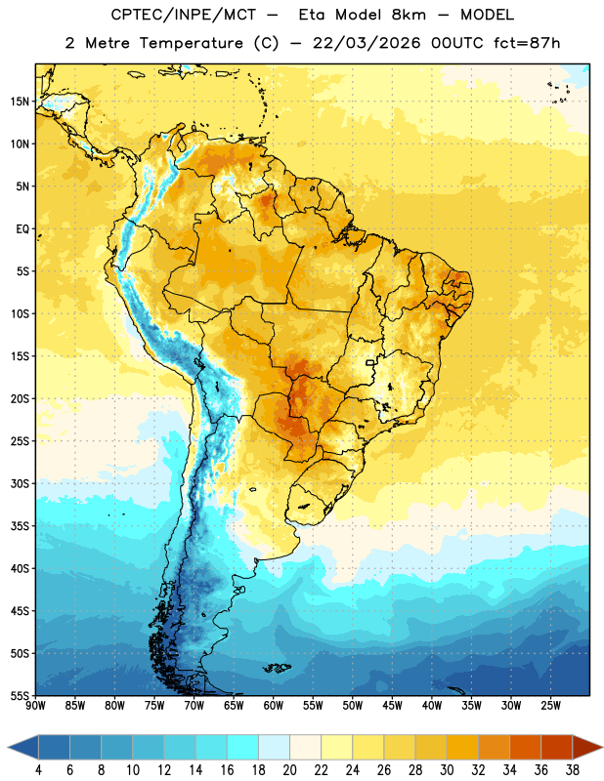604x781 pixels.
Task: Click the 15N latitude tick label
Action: (20, 102)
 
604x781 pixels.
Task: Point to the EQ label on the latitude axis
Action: (22, 229)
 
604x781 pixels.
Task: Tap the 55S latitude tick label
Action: (20, 695)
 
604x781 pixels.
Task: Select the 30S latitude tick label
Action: (20, 483)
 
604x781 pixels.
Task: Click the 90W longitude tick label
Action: (36, 705)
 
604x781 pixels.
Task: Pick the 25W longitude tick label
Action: (550, 705)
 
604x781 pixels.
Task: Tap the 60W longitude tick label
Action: (274, 705)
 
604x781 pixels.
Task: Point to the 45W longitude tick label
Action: (392, 705)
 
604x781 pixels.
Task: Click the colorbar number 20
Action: (289, 770)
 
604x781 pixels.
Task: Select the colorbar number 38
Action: (573, 770)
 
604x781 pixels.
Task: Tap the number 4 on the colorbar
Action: (38, 770)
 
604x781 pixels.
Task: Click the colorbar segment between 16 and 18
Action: (243, 747)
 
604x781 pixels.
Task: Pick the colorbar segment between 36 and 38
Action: (557, 747)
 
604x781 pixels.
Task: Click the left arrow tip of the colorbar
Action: (8, 747)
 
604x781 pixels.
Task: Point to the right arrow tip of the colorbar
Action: (602, 747)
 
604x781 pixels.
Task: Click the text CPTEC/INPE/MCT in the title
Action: (183, 15)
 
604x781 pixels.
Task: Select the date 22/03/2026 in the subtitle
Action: (367, 43)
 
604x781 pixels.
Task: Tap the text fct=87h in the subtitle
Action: (527, 43)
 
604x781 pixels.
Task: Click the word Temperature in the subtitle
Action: (191, 44)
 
